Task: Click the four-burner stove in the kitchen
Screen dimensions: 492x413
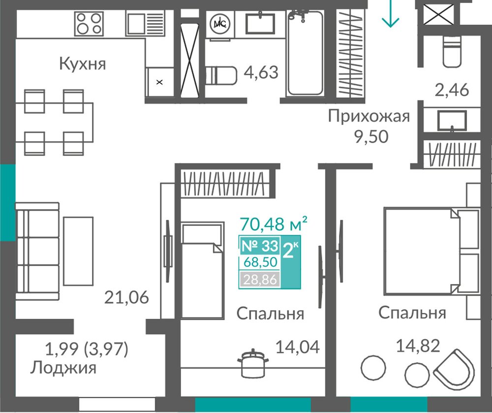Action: coord(89,24)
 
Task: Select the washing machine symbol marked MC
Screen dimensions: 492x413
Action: coord(219,24)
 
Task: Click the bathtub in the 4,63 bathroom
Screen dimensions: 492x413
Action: coord(305,53)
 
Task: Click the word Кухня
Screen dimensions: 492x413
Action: coord(83,64)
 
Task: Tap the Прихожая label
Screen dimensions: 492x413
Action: coord(369,117)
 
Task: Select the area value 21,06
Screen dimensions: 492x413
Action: coord(126,297)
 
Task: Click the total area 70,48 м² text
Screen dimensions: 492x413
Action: coord(273,224)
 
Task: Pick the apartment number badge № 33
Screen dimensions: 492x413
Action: coord(260,246)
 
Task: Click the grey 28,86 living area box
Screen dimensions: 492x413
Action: coord(260,279)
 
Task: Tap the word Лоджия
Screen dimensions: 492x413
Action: coord(63,368)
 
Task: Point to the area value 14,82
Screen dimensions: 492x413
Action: coord(418,346)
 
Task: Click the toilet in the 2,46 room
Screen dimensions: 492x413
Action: coord(452,51)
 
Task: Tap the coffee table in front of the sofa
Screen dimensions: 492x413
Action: coord(78,251)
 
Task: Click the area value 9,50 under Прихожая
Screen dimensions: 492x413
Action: coord(371,137)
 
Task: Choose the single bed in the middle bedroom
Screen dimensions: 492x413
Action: coord(202,271)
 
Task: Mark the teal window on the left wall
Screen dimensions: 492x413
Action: coord(7,203)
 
